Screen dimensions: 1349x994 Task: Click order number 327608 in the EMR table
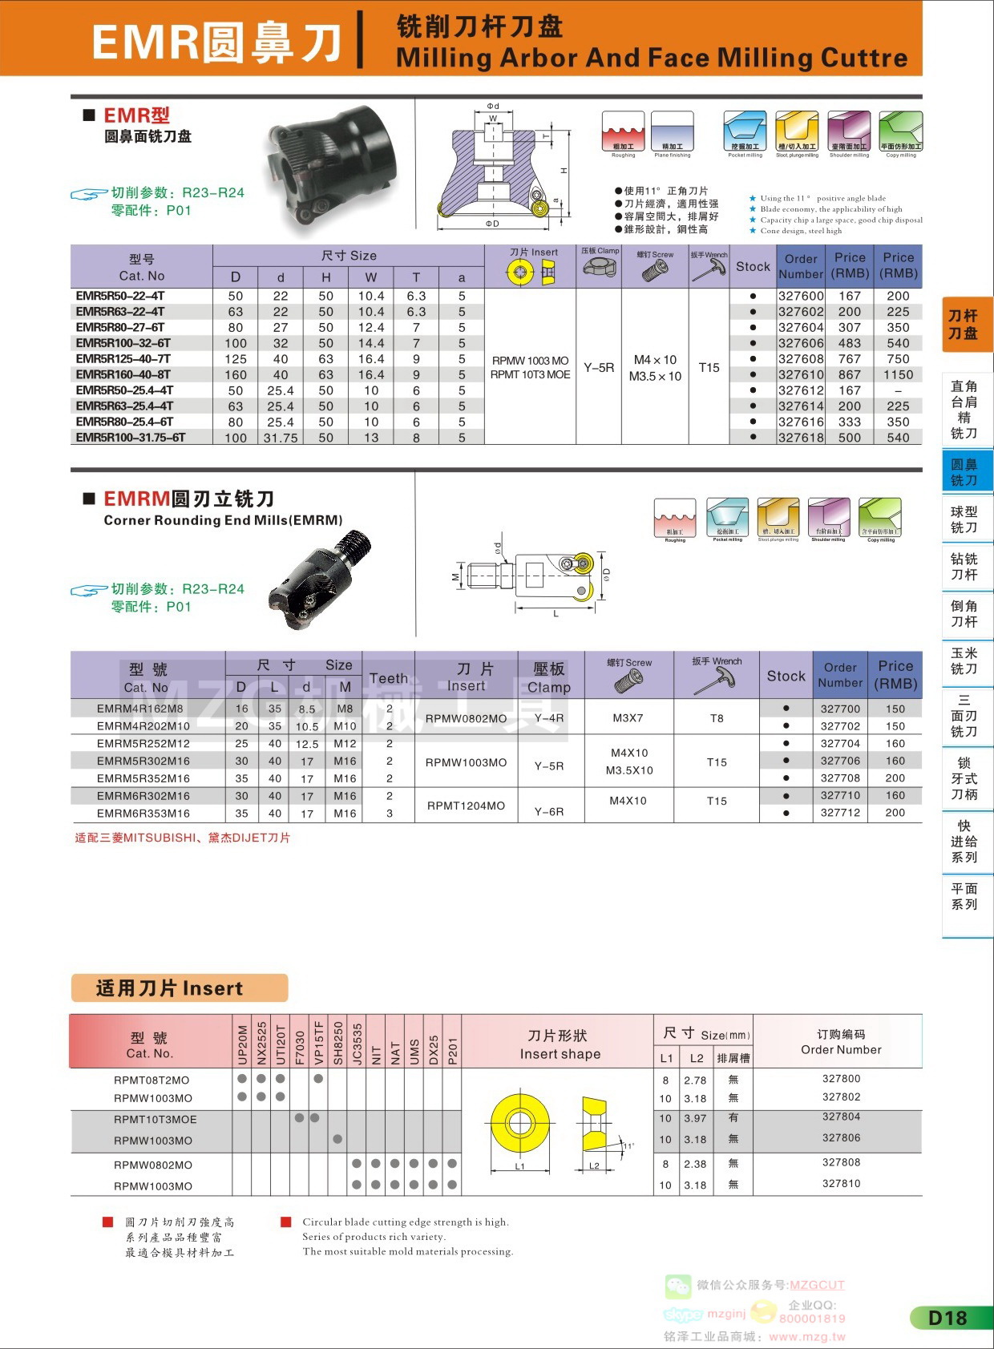801,359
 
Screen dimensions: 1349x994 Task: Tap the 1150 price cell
898,374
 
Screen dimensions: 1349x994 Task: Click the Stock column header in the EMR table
753,266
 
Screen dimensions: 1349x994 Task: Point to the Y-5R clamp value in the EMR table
599,367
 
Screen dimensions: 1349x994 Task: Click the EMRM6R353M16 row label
143,813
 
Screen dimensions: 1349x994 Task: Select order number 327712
839,813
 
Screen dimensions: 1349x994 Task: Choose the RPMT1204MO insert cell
466,805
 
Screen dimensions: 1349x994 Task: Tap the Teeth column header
388,678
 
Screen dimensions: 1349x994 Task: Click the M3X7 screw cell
628,717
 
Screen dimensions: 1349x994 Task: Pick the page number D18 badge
948,1318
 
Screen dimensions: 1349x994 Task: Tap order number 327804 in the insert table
841,1117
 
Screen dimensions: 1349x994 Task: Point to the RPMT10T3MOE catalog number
155,1119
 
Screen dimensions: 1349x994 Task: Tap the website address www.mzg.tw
806,1336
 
